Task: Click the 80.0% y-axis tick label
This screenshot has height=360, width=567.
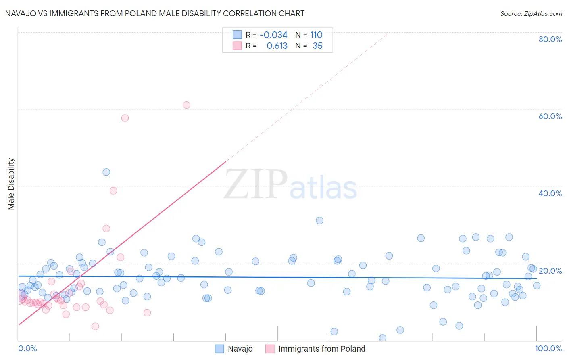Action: click(550, 39)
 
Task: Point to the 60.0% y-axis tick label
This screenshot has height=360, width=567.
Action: click(550, 116)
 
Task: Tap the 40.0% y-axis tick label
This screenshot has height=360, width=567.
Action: click(550, 193)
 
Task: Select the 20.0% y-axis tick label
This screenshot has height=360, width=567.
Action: click(550, 271)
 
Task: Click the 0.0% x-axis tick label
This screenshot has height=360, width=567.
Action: click(27, 348)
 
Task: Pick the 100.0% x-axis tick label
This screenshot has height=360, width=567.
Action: click(548, 348)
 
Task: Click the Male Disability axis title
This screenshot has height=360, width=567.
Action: click(11, 184)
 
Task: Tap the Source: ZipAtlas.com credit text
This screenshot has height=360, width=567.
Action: click(531, 13)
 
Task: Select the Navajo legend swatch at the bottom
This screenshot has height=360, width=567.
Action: click(219, 349)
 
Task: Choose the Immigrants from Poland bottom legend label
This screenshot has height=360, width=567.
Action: click(321, 349)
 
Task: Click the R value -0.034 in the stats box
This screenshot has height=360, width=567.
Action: click(273, 35)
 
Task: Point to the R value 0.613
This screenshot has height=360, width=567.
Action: click(277, 46)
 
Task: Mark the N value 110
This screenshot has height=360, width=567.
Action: click(316, 35)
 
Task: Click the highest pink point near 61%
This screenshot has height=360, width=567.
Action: click(186, 105)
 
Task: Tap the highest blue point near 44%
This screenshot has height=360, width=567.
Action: click(106, 172)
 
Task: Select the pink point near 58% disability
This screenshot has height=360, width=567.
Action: click(125, 118)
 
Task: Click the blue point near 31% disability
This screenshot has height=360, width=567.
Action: click(319, 220)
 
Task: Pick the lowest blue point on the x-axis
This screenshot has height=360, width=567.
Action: click(382, 338)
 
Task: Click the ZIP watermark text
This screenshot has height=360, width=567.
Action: click(256, 184)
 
